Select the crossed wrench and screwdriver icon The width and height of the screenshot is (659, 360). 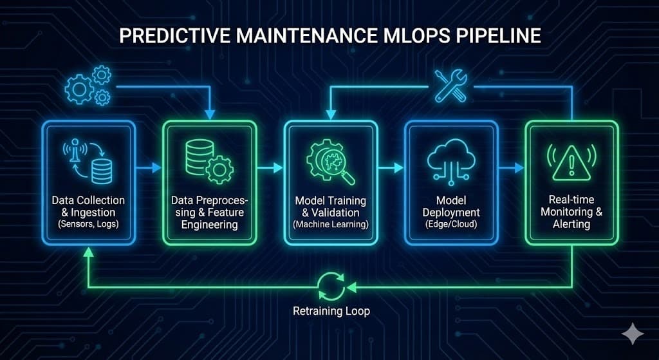tap(450, 86)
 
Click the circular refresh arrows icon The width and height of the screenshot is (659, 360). tap(331, 286)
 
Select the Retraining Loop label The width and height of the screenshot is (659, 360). tap(331, 312)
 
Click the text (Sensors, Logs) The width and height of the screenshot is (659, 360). tap(88, 225)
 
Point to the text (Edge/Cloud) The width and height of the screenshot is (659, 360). tap(451, 225)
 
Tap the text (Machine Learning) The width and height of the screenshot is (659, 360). tap(331, 225)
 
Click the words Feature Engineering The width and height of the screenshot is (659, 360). tap(210, 219)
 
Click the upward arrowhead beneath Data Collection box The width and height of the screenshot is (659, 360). tap(88, 253)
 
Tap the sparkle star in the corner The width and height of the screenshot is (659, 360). tap(633, 333)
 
